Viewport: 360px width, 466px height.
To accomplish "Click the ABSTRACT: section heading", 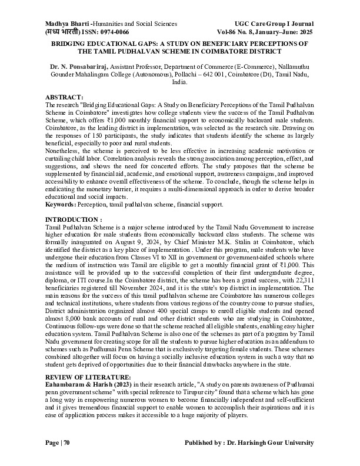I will pos(66,96).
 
